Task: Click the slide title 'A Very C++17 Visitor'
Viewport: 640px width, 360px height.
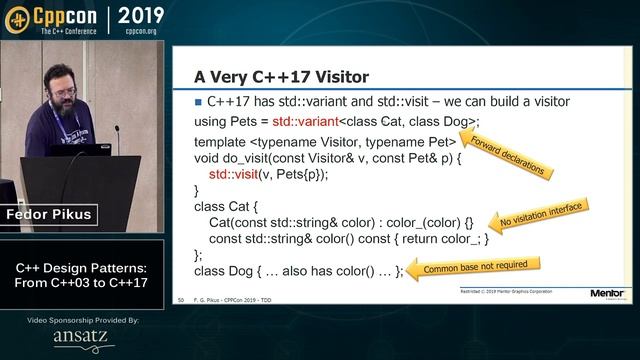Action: pyautogui.click(x=283, y=76)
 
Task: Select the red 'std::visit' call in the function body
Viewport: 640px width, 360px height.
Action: pyautogui.click(x=242, y=173)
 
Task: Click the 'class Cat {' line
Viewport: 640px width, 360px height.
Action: pyautogui.click(x=227, y=206)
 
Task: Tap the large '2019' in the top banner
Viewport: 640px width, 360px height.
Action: pyautogui.click(x=147, y=16)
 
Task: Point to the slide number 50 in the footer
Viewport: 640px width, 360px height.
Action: pyautogui.click(x=180, y=300)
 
